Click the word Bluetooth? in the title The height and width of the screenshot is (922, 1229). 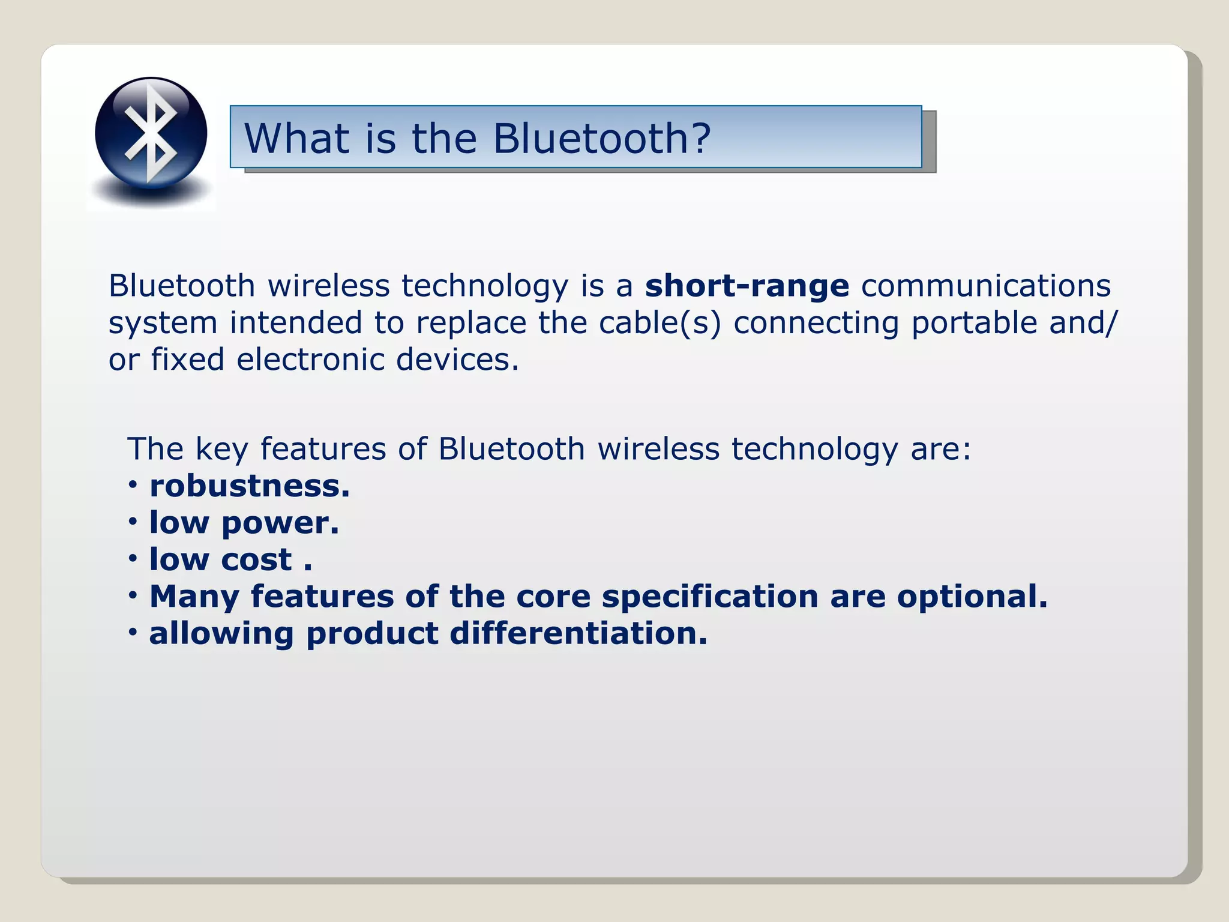pyautogui.click(x=602, y=138)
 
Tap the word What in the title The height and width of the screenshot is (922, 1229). pyautogui.click(x=296, y=138)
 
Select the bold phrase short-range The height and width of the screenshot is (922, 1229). pyautogui.click(x=747, y=286)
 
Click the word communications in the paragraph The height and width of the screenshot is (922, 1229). pyautogui.click(x=986, y=286)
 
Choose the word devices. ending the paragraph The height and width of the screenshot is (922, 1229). pyautogui.click(x=457, y=360)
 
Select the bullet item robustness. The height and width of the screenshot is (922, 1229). pyautogui.click(x=250, y=486)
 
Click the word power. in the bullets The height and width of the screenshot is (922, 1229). pyautogui.click(x=280, y=523)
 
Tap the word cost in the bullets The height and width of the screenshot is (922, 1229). pyautogui.click(x=256, y=560)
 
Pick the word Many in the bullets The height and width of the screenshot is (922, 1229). pyautogui.click(x=194, y=597)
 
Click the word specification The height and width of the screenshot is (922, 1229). pyautogui.click(x=710, y=597)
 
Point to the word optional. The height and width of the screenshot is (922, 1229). pyautogui.click(x=972, y=597)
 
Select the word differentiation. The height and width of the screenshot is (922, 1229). pyautogui.click(x=578, y=634)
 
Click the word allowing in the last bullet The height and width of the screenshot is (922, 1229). pyautogui.click(x=221, y=634)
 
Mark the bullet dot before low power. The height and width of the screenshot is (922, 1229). pyautogui.click(x=133, y=522)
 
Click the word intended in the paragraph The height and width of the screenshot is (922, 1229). pyautogui.click(x=296, y=323)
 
